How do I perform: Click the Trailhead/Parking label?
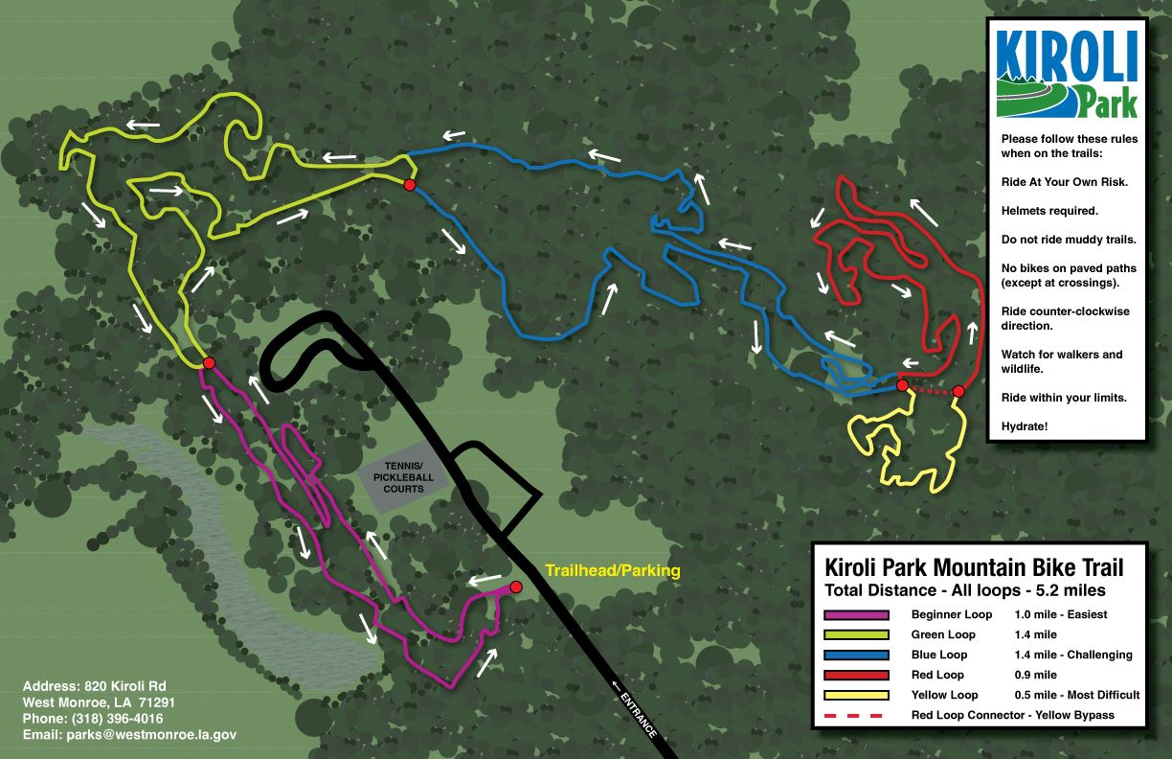pyautogui.click(x=612, y=571)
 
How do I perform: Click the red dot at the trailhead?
pyautogui.click(x=516, y=586)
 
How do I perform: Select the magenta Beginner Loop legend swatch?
pyautogui.click(x=856, y=615)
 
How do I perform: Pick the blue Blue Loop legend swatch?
pyautogui.click(x=856, y=655)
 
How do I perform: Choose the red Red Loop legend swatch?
pyautogui.click(x=856, y=676)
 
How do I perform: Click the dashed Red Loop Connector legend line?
pyautogui.click(x=856, y=716)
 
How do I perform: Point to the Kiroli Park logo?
pyautogui.click(x=1066, y=72)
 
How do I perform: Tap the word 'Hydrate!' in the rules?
pyautogui.click(x=1025, y=425)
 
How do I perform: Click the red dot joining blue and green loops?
pyautogui.click(x=410, y=184)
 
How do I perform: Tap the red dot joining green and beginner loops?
pyautogui.click(x=208, y=362)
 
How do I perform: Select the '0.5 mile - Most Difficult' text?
pyautogui.click(x=1076, y=696)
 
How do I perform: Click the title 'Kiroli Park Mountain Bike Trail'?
pyautogui.click(x=967, y=567)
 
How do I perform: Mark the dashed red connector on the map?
pyautogui.click(x=931, y=390)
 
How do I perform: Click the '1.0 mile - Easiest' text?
pyautogui.click(x=1060, y=615)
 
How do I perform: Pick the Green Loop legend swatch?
pyautogui.click(x=856, y=635)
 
